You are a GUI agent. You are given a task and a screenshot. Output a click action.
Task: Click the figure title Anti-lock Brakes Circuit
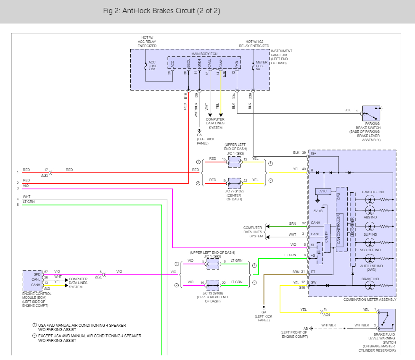(x=161, y=11)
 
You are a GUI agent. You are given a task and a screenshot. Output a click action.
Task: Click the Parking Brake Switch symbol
(x=371, y=113)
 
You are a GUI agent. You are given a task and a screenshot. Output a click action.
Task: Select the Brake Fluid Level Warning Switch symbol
(x=386, y=319)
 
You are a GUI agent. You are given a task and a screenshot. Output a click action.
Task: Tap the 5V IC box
(x=323, y=192)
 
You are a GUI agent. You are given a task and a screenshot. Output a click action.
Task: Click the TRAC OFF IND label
(x=373, y=192)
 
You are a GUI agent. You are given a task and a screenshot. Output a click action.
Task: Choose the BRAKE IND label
(x=370, y=279)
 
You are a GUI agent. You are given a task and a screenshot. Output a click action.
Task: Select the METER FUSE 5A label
(x=261, y=66)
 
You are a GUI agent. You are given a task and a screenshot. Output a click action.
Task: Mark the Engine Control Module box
(x=32, y=281)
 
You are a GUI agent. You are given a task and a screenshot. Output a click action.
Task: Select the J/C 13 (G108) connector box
(x=213, y=286)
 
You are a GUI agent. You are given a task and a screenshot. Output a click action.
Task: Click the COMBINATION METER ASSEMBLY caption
(x=370, y=300)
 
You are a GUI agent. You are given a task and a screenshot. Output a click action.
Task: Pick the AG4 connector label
(x=327, y=315)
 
